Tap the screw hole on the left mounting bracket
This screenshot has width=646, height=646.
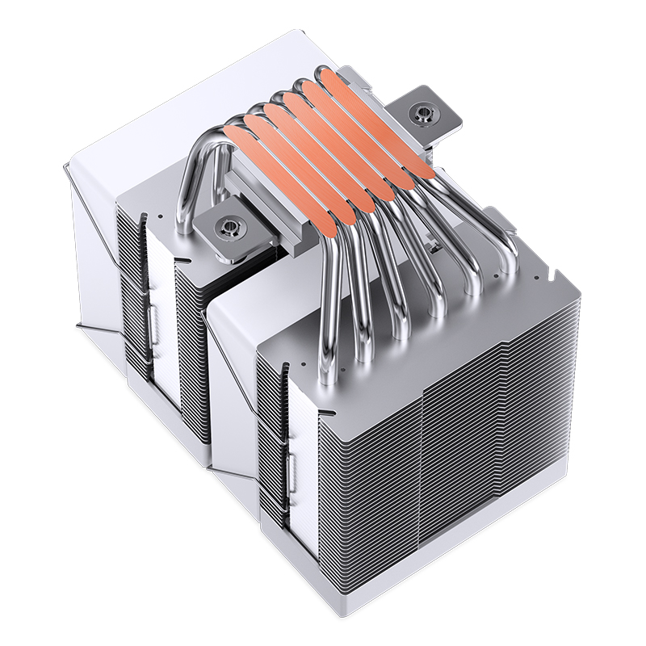tap(229, 227)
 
